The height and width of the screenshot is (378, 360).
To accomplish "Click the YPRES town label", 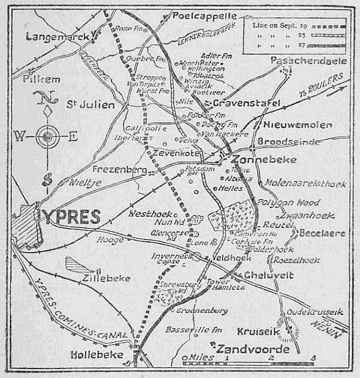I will tap(71, 216).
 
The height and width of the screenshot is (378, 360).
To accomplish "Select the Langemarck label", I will tap(55, 37).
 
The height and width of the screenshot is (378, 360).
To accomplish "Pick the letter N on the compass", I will tap(43, 97).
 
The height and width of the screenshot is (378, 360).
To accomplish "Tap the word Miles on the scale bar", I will tap(199, 358).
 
